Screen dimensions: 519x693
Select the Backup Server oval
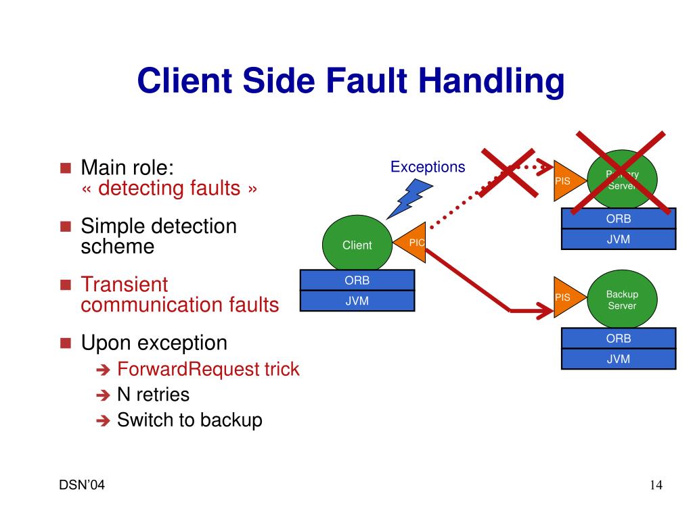[x=622, y=300]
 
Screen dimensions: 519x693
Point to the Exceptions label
[x=428, y=167]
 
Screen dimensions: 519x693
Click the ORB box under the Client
[x=357, y=280]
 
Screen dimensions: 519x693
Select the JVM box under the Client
[x=357, y=301]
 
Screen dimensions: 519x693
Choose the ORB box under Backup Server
[x=619, y=339]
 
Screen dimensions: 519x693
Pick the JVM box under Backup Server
[x=619, y=360]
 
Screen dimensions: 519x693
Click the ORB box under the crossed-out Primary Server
[x=619, y=219]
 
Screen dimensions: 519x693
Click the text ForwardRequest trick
[x=208, y=370]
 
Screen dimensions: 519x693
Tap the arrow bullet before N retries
[x=103, y=395]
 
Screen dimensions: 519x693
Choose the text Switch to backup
[x=189, y=420]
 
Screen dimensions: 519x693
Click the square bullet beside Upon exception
[x=66, y=343]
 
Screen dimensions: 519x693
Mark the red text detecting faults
[x=169, y=189]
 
